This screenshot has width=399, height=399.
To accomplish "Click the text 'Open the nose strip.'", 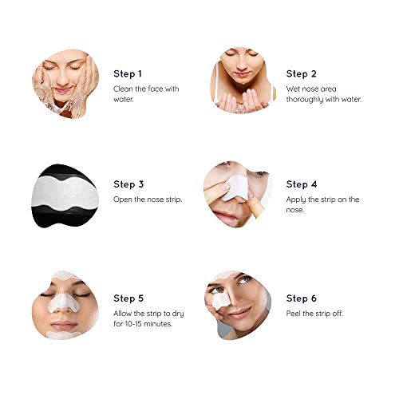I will pyautogui.click(x=148, y=199).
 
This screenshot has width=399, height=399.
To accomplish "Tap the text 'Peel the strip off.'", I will pyautogui.click(x=314, y=313).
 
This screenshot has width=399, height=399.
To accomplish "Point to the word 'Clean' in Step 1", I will pyautogui.click(x=124, y=89).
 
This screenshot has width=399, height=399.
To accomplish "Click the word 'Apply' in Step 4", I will pyautogui.click(x=297, y=199).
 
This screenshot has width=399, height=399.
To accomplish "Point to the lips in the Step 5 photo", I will pyautogui.click(x=64, y=327).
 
